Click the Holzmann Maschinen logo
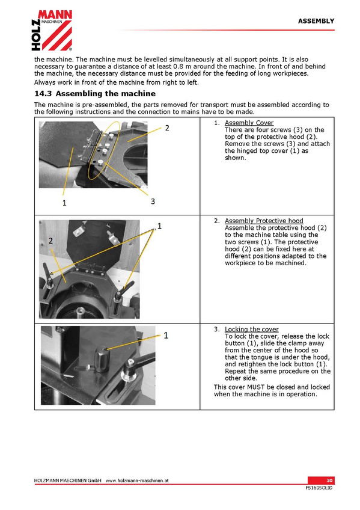click(x=52, y=30)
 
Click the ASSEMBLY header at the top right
click(x=316, y=21)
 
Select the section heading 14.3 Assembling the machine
click(x=95, y=94)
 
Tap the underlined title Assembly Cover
click(x=249, y=123)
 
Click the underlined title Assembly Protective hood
click(x=264, y=221)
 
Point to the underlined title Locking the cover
click(x=252, y=329)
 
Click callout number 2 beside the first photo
click(x=167, y=128)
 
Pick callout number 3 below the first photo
click(x=153, y=201)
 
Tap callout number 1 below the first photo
click(x=64, y=203)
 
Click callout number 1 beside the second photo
click(x=159, y=226)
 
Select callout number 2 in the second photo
click(x=50, y=241)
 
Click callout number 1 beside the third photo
click(x=166, y=336)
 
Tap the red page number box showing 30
click(x=321, y=481)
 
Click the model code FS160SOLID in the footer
click(x=319, y=488)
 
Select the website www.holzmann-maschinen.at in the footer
click(x=137, y=481)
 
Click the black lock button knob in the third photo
click(x=102, y=360)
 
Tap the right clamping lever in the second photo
click(x=122, y=292)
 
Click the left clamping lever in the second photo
click(x=47, y=277)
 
